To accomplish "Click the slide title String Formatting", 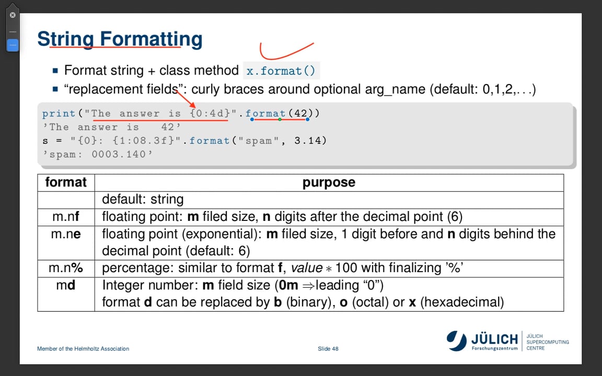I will [x=120, y=39].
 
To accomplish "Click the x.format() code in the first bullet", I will [x=281, y=71].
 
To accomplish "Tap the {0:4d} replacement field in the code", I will [x=210, y=113].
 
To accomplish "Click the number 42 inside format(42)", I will [x=300, y=113].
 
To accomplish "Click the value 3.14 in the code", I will [x=310, y=140].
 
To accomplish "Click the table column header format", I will [x=66, y=182].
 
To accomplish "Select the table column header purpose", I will [x=329, y=182].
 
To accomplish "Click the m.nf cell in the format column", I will [x=66, y=216].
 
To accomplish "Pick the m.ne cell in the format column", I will [x=66, y=234].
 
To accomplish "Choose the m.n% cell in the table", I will [x=66, y=268].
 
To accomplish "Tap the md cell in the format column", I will [x=66, y=285].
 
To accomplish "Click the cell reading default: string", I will [x=143, y=199].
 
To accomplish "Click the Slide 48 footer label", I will [x=328, y=348].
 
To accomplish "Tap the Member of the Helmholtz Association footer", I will [x=83, y=348].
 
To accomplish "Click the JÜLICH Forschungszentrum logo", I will [x=482, y=340].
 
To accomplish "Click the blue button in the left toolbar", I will [x=13, y=45].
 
